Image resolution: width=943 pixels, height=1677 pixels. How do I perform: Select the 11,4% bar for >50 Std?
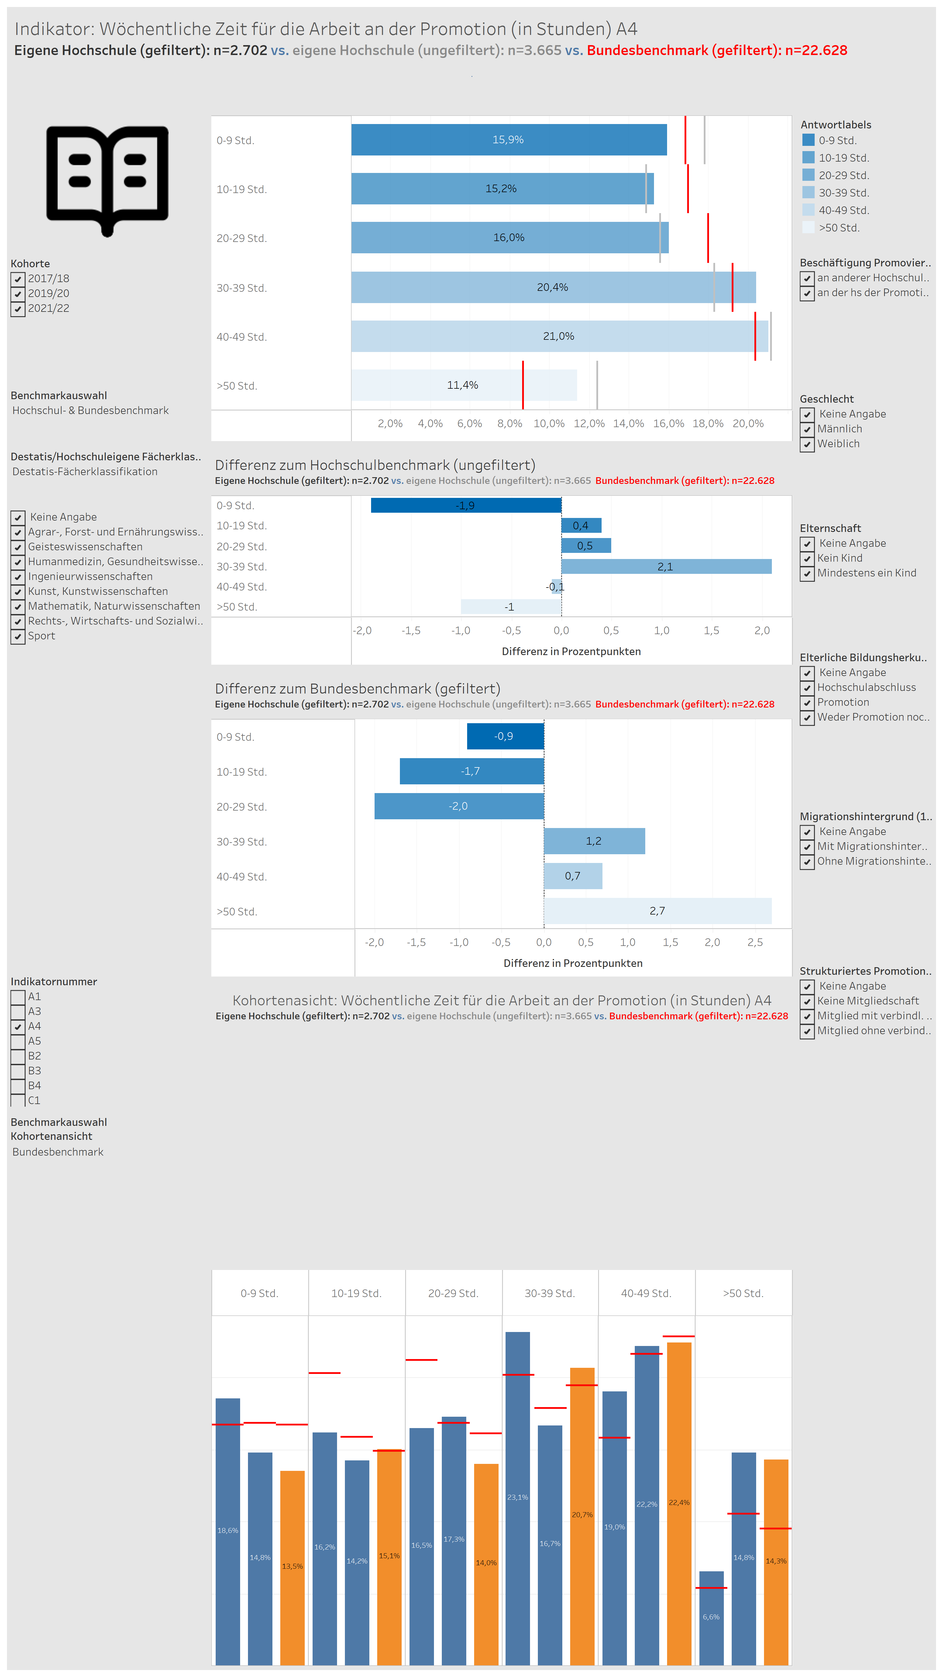(x=463, y=385)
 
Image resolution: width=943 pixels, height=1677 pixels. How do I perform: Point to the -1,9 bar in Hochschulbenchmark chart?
(x=466, y=505)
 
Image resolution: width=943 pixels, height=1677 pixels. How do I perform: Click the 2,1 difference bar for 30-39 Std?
(x=667, y=566)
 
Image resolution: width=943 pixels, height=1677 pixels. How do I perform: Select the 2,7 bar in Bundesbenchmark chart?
(x=657, y=911)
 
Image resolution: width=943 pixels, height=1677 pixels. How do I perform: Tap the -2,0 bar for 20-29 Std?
(x=459, y=806)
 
